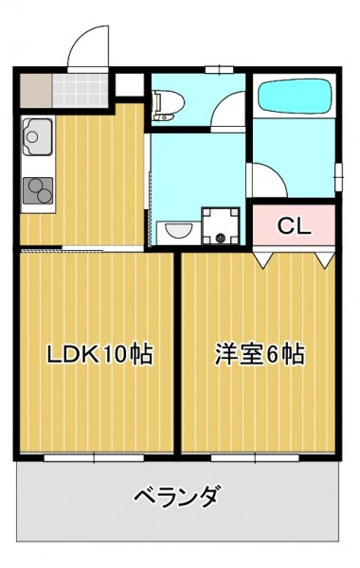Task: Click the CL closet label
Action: (x=294, y=226)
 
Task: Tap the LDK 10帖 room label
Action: (x=100, y=353)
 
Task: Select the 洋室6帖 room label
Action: (x=260, y=353)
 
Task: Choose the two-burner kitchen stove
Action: (x=38, y=190)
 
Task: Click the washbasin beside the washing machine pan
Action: (x=178, y=232)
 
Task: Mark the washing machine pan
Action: (x=221, y=225)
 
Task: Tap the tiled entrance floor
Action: (x=81, y=91)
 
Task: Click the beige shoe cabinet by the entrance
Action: (x=36, y=91)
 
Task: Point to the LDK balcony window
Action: (x=94, y=458)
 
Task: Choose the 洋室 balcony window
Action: (x=255, y=458)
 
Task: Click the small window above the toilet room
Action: (x=219, y=69)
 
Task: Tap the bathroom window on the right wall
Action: (x=338, y=177)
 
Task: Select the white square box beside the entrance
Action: (x=130, y=85)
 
